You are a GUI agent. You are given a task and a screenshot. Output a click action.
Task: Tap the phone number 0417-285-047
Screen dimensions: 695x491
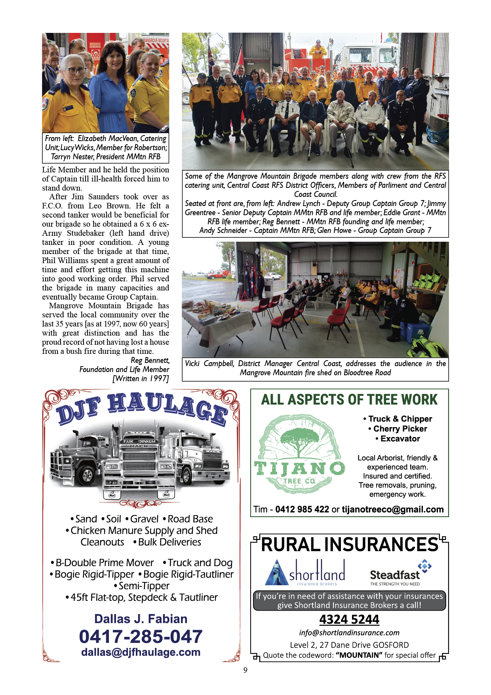141,636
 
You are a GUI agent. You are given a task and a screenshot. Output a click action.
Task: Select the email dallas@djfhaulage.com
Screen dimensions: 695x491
141,652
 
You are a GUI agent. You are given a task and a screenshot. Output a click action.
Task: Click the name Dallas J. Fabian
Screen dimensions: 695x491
141,619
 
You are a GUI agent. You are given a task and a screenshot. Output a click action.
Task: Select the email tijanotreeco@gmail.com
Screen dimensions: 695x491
392,510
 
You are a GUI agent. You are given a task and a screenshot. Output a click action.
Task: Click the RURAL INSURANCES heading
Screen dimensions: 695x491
350,545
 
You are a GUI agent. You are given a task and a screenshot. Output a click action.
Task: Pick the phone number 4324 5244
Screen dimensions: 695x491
349,619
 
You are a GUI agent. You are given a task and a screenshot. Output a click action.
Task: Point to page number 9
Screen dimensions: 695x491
246,670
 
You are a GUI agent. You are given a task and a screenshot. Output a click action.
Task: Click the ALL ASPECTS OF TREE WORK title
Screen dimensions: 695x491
349,399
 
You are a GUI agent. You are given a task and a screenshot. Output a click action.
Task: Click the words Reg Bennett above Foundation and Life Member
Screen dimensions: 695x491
150,360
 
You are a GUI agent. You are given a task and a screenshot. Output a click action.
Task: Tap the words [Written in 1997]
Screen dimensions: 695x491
141,378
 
